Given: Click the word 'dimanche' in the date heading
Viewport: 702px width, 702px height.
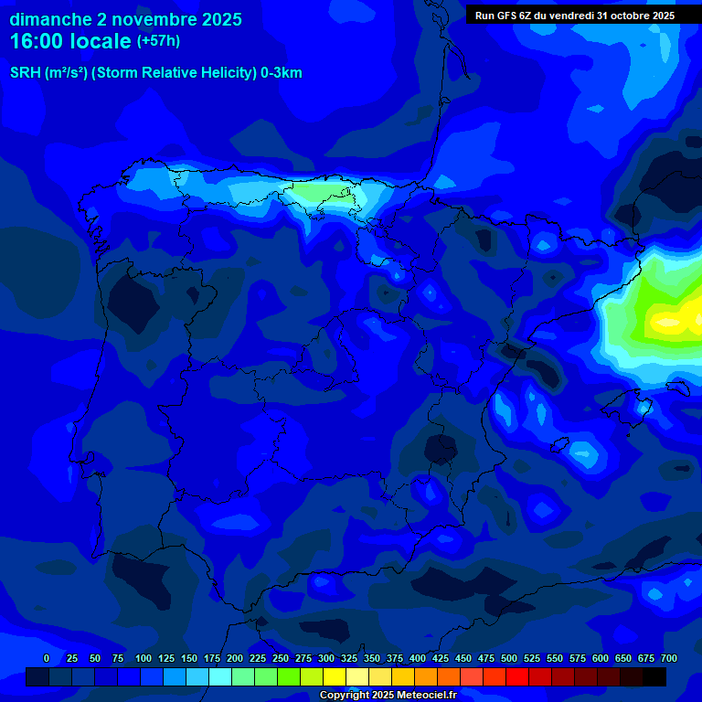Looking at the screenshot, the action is tap(49, 19).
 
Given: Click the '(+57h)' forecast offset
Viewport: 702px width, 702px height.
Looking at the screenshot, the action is tap(158, 41).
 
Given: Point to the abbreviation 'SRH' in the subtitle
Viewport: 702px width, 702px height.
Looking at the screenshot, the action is tap(25, 73).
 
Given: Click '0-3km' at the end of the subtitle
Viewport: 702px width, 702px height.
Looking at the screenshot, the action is tap(282, 73).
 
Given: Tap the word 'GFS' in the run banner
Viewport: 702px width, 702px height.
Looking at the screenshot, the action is tap(508, 16).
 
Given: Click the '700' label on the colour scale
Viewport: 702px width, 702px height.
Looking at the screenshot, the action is tap(668, 658).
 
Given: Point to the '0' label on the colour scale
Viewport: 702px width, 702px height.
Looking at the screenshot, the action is tap(47, 658).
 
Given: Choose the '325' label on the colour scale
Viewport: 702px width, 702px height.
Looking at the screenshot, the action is tap(348, 658).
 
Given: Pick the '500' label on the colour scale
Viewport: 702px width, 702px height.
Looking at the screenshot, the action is tap(508, 658).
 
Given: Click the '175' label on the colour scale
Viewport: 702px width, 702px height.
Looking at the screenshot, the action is tap(211, 658).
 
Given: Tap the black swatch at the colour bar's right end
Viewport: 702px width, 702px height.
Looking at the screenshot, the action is tap(654, 676).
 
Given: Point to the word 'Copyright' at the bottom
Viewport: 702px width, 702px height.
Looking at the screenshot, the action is tap(343, 696).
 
